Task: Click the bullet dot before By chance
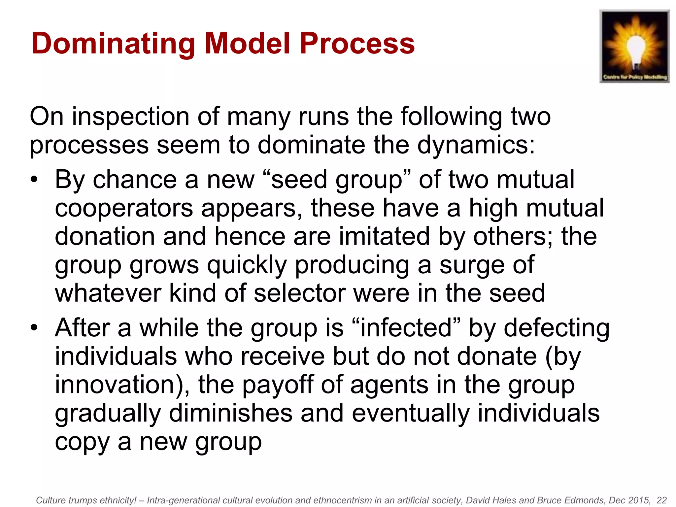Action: click(x=34, y=180)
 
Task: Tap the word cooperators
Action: click(x=124, y=209)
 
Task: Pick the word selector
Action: click(x=300, y=294)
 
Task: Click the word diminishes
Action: click(x=230, y=414)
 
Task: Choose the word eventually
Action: click(x=411, y=414)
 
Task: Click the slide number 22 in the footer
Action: click(x=661, y=500)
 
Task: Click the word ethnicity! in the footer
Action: click(x=118, y=500)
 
